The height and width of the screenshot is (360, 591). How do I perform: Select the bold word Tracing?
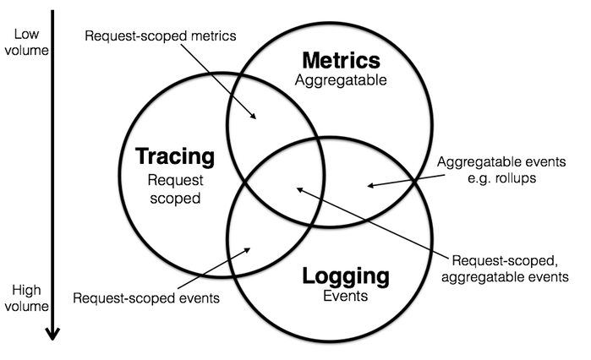tap(176, 157)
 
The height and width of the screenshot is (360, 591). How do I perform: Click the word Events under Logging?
tap(347, 297)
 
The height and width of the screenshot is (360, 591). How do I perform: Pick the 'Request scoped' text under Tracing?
tap(176, 189)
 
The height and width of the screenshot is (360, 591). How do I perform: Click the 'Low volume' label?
tap(25, 41)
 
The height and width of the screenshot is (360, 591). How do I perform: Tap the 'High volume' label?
tap(25, 298)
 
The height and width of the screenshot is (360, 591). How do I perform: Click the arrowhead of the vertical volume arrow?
tap(52, 332)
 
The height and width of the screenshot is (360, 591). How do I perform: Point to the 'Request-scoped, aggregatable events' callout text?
tap(509, 267)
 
